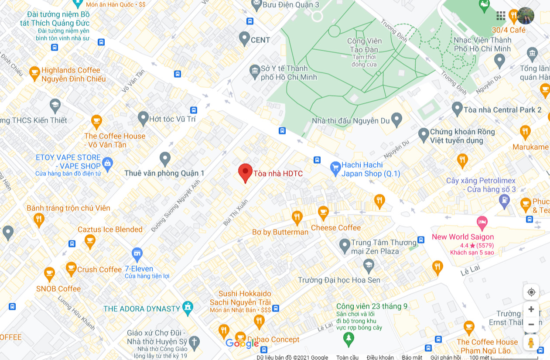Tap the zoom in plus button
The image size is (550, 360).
pos(531,309)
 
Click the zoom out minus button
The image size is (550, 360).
pos(531,324)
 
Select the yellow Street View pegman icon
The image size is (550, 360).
pos(531,343)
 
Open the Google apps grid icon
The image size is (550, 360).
pos(501,16)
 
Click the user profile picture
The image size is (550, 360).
pos(526,16)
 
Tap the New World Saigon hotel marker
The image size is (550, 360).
pos(482,223)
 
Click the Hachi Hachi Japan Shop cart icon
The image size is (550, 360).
pos(335,168)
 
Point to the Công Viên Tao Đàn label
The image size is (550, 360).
pos(364,45)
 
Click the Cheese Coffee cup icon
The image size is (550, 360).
pos(323,213)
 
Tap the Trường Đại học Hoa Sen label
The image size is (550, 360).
pos(339,280)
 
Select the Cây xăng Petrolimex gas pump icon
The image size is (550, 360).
pos(504,200)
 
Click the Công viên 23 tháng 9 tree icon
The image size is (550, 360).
pos(348,338)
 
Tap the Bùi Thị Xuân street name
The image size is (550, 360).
pos(235,213)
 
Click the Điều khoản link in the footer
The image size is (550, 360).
pos(380,357)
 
